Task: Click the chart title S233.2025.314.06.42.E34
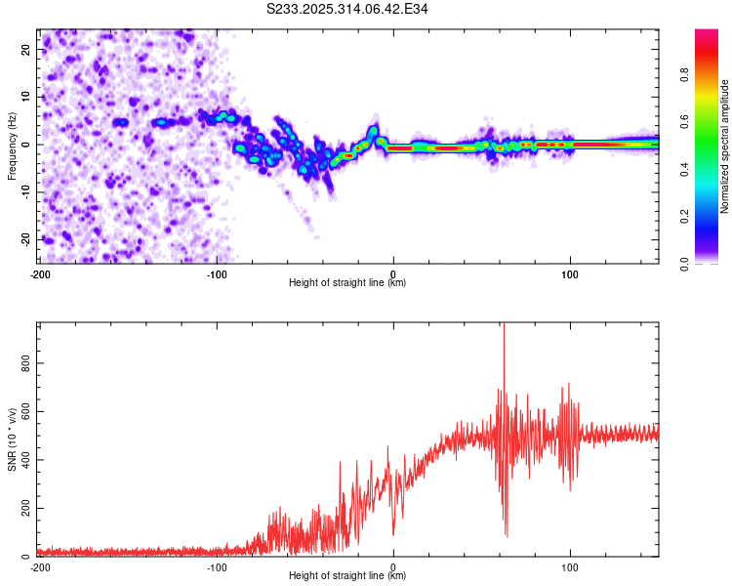[346, 9]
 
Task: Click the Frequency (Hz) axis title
[12, 146]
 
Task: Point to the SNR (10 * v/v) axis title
[12, 439]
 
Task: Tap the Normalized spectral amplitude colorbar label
[724, 146]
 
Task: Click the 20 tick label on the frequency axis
[25, 49]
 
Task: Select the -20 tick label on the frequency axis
[25, 239]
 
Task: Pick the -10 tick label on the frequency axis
[25, 192]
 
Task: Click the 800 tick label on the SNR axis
[25, 363]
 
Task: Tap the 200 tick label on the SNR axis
[25, 508]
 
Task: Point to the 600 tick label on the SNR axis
[25, 411]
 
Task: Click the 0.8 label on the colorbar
[684, 74]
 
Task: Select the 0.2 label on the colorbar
[684, 217]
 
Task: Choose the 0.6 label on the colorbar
[684, 121]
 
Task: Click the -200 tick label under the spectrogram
[40, 274]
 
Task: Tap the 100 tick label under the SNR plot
[570, 567]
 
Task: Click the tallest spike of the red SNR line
[504, 323]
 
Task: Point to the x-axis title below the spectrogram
[347, 282]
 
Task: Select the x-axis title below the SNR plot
[347, 575]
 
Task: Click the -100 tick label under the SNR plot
[217, 567]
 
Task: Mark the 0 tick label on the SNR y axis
[25, 557]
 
